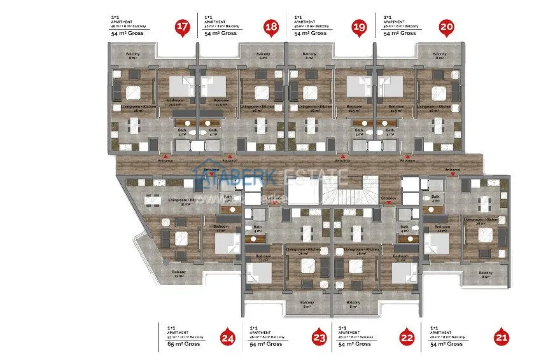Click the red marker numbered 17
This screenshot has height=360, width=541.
click(x=183, y=27)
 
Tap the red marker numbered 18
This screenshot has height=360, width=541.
click(x=271, y=27)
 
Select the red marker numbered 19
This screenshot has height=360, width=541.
click(x=360, y=27)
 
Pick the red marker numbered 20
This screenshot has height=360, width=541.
click(x=447, y=27)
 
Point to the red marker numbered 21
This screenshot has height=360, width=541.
click(x=502, y=338)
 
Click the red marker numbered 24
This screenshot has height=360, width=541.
click(x=226, y=338)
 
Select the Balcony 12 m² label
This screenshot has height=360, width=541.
click(x=179, y=273)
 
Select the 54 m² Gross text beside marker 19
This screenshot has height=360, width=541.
click(x=310, y=33)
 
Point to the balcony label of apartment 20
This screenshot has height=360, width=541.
click(x=439, y=56)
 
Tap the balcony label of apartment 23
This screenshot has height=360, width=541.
click(x=307, y=304)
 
